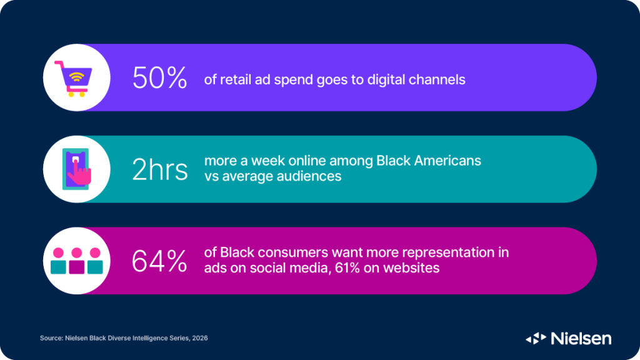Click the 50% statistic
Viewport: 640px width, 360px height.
(159, 79)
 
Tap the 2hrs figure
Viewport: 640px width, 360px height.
(160, 169)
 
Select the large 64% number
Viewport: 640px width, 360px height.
(159, 261)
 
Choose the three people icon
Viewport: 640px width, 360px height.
(76, 261)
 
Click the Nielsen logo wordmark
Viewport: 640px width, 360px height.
(581, 338)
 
